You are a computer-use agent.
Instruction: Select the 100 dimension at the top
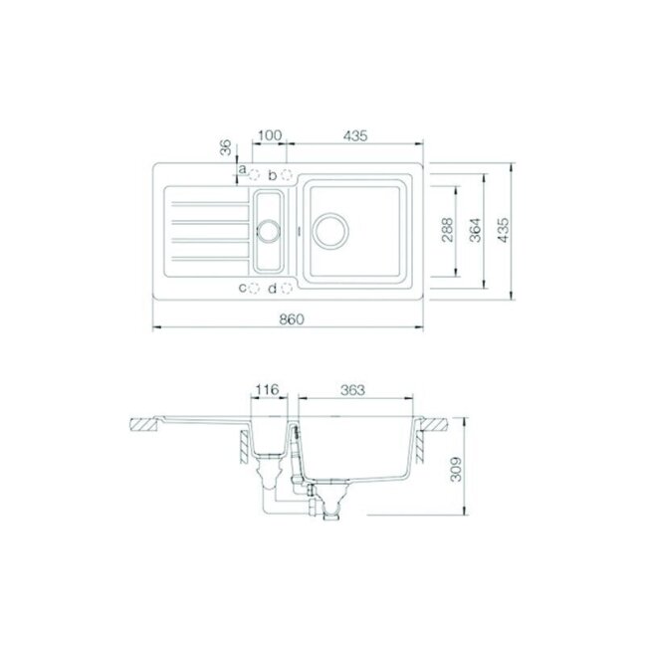click(271, 135)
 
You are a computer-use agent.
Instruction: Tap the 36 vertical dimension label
click(225, 147)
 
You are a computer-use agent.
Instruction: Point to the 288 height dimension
click(446, 230)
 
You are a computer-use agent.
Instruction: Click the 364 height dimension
click(475, 230)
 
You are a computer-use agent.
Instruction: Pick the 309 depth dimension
click(456, 469)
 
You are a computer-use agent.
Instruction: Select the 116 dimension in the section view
click(268, 389)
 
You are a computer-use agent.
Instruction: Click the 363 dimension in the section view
click(353, 389)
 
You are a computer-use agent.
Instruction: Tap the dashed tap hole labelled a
click(254, 175)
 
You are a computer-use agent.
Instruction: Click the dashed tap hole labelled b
click(287, 175)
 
